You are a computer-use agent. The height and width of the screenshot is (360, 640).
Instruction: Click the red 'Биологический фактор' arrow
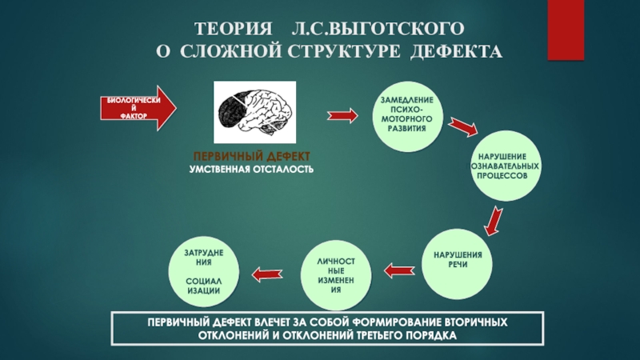click(139, 108)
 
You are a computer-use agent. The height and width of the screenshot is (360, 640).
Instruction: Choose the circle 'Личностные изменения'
click(336, 276)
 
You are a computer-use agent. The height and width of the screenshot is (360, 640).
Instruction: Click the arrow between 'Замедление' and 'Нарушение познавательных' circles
click(462, 126)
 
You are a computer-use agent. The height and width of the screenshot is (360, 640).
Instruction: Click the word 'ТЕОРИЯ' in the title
click(230, 29)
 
